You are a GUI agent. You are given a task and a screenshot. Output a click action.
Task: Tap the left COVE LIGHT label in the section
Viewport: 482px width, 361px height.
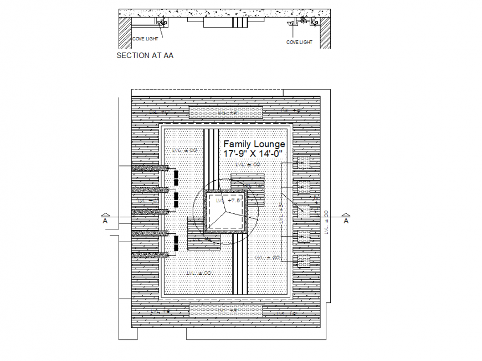145,39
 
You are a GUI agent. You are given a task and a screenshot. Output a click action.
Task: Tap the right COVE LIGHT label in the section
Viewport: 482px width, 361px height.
299,42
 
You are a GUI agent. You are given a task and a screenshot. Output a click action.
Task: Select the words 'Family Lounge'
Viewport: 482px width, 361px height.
254,144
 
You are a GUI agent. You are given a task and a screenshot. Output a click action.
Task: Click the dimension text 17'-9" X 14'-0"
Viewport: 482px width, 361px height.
253,153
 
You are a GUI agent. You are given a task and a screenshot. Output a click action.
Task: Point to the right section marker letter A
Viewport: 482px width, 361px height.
346,221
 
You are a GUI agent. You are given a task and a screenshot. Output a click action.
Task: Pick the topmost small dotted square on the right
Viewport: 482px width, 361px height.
303,163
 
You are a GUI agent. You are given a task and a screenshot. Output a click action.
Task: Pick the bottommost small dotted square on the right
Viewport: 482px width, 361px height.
303,261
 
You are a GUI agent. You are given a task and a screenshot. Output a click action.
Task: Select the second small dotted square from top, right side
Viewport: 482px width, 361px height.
303,187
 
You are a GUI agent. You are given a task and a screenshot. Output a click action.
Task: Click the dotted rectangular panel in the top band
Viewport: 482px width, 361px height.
225,112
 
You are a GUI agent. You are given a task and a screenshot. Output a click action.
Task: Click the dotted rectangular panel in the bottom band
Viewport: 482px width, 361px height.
225,311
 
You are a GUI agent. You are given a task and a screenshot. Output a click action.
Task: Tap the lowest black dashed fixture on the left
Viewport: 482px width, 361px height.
176,243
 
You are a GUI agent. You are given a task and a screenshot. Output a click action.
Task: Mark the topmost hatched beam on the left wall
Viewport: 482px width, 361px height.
150,168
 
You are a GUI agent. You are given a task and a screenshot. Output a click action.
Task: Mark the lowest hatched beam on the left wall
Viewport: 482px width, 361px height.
150,255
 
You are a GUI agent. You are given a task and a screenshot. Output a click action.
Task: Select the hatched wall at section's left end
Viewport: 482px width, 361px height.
125,32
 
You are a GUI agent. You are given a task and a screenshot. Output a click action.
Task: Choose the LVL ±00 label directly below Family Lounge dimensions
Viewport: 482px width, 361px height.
247,164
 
